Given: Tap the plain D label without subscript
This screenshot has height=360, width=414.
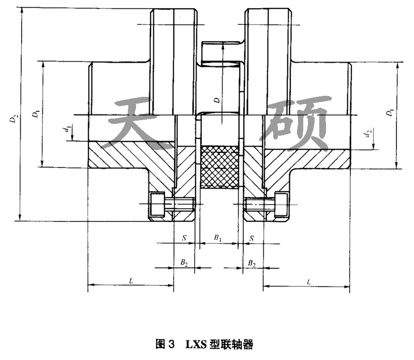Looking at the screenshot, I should [x=216, y=96].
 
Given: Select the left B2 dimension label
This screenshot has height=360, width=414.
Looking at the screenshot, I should [x=184, y=264].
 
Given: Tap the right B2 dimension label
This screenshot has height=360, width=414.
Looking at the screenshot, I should [x=252, y=264].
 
